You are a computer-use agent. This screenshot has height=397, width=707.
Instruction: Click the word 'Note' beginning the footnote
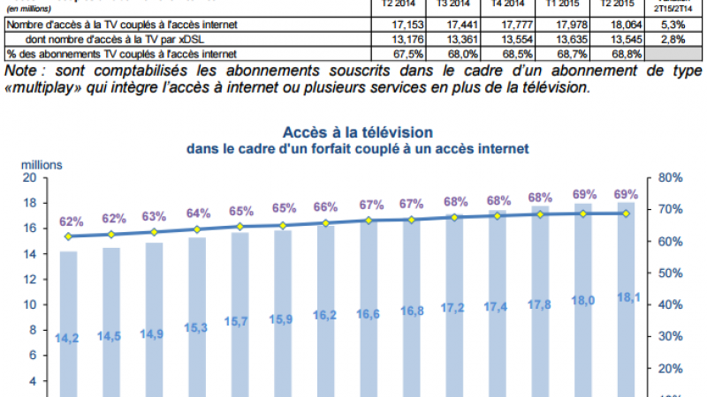coord(24,70)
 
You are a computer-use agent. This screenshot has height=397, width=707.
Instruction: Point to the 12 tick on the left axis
coord(28,280)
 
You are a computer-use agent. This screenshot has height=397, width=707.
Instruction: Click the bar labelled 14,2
coord(68,322)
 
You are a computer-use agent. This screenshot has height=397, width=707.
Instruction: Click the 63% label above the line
coord(154,216)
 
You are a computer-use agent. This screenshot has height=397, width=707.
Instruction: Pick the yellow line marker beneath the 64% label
coord(197,229)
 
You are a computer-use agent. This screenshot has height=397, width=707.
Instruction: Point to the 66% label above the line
coord(326,206)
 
